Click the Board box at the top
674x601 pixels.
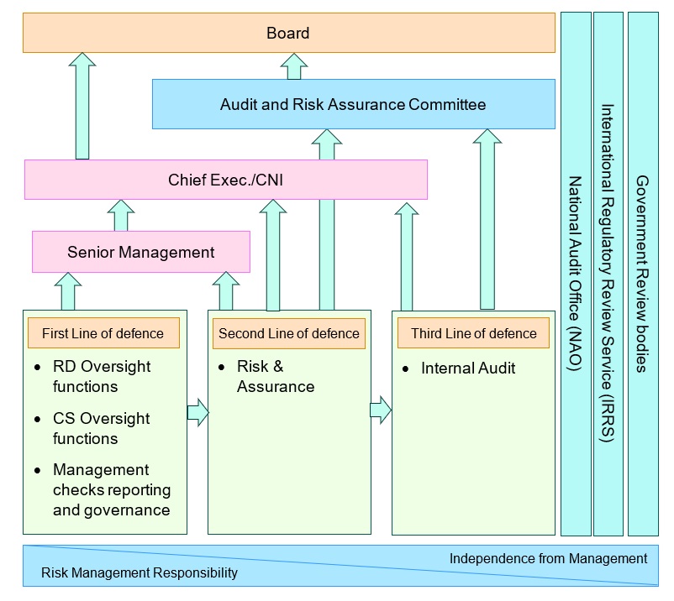[x=288, y=34]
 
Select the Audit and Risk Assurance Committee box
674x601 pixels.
[x=353, y=105]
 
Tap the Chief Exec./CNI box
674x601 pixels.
[x=225, y=180]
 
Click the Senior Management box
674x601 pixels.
[x=141, y=252]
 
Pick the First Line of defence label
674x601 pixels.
[x=103, y=333]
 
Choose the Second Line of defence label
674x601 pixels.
[x=288, y=333]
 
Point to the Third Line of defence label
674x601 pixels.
[x=473, y=333]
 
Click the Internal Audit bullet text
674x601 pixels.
[x=468, y=368]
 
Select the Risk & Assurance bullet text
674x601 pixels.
[x=276, y=377]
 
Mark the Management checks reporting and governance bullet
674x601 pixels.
[x=111, y=490]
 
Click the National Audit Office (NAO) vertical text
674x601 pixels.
[x=576, y=274]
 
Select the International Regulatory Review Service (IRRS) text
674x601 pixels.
[x=608, y=274]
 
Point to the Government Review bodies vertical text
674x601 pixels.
[x=642, y=274]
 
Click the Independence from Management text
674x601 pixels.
[x=548, y=558]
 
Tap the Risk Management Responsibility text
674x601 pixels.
[x=140, y=573]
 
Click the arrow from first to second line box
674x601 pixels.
[x=197, y=412]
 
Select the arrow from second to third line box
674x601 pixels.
[x=381, y=410]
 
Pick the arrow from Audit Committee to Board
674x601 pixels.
[x=294, y=65]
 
